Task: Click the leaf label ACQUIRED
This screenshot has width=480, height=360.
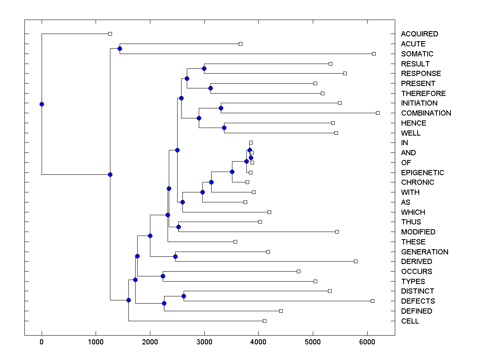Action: [419, 34]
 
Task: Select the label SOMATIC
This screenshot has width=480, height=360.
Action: [417, 54]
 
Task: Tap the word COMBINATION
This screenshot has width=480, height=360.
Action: [426, 113]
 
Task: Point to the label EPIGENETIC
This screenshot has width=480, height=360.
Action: [422, 173]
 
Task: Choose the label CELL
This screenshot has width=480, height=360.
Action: [410, 321]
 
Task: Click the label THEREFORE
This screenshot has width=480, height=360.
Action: [423, 94]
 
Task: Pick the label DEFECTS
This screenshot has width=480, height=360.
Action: [418, 301]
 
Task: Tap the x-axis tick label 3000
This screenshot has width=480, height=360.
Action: [204, 342]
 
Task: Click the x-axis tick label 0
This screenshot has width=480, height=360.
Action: [42, 342]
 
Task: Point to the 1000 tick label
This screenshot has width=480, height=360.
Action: [96, 342]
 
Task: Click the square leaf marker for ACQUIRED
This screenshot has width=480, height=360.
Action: [110, 34]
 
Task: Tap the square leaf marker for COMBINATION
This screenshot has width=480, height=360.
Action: [378, 113]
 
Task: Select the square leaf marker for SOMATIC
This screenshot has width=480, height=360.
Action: [374, 54]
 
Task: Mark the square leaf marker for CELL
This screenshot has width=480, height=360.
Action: [264, 321]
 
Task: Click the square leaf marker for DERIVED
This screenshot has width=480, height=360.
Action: [356, 262]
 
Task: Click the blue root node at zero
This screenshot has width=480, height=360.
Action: [42, 104]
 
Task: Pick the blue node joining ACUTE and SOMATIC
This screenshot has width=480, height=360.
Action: [120, 48]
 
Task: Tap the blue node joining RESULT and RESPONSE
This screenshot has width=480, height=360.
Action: [204, 69]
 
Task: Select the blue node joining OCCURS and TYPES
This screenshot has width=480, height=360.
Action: [163, 276]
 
